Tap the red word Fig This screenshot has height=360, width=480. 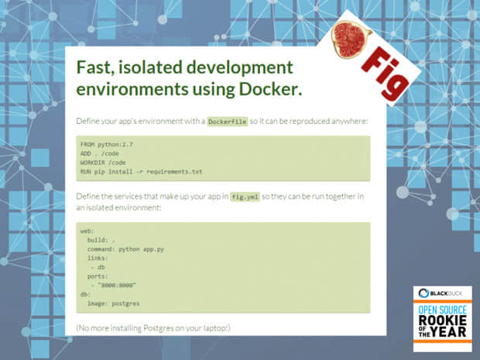pyautogui.click(x=385, y=74)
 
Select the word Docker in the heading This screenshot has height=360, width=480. pyautogui.click(x=268, y=89)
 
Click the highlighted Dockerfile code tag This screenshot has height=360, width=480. pyautogui.click(x=228, y=122)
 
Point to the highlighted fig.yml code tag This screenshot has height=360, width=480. pyautogui.click(x=245, y=197)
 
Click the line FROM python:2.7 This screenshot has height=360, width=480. pyautogui.click(x=107, y=145)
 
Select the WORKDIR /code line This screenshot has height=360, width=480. pyautogui.click(x=103, y=163)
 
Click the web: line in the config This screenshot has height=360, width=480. pyautogui.click(x=87, y=231)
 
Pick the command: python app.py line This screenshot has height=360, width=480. pyautogui.click(x=125, y=249)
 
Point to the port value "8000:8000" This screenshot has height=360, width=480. pyautogui.click(x=117, y=286)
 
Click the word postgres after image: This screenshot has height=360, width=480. pyautogui.click(x=125, y=303)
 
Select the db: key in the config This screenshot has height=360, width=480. pyautogui.click(x=85, y=294)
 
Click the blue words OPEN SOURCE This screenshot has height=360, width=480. pyautogui.click(x=442, y=310)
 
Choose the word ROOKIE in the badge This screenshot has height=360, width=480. pyautogui.click(x=442, y=321)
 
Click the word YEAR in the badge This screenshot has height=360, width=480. pyautogui.click(x=449, y=332)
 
